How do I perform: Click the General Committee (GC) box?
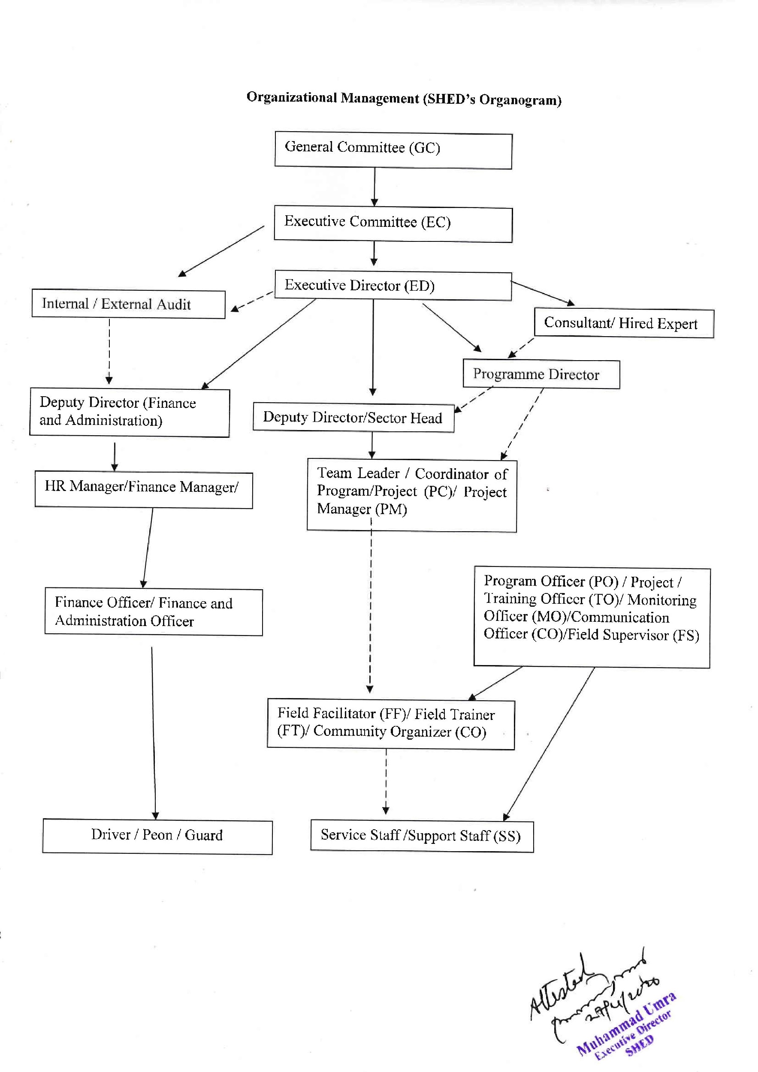pos(393,151)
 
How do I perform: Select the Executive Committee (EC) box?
pos(393,224)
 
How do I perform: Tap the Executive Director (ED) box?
pos(393,285)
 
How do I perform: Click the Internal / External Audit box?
pos(128,304)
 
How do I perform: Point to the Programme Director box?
pos(541,374)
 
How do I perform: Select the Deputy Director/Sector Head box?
pos(353,417)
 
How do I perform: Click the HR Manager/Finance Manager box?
pos(143,489)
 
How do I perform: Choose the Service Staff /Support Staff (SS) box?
pos(422,836)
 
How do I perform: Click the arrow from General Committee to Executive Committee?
pos(374,187)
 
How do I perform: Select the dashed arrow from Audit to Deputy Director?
pos(109,350)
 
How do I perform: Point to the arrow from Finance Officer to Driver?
pos(154,733)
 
